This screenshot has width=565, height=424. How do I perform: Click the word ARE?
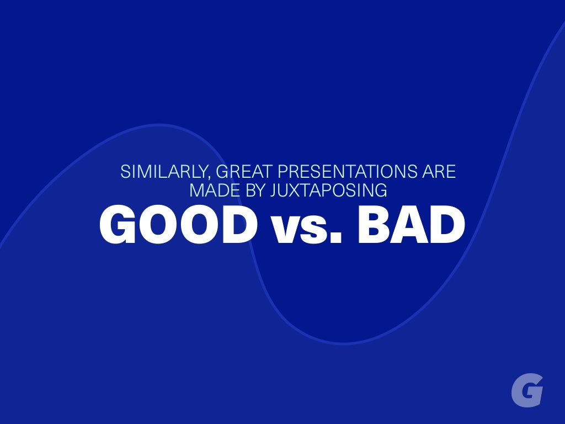(x=439, y=172)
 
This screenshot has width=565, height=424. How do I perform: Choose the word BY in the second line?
(x=252, y=190)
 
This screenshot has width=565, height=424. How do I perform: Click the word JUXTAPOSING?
(x=329, y=190)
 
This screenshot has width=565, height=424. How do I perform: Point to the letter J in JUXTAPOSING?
(x=274, y=190)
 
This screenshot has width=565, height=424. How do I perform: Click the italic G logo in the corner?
(x=527, y=390)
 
